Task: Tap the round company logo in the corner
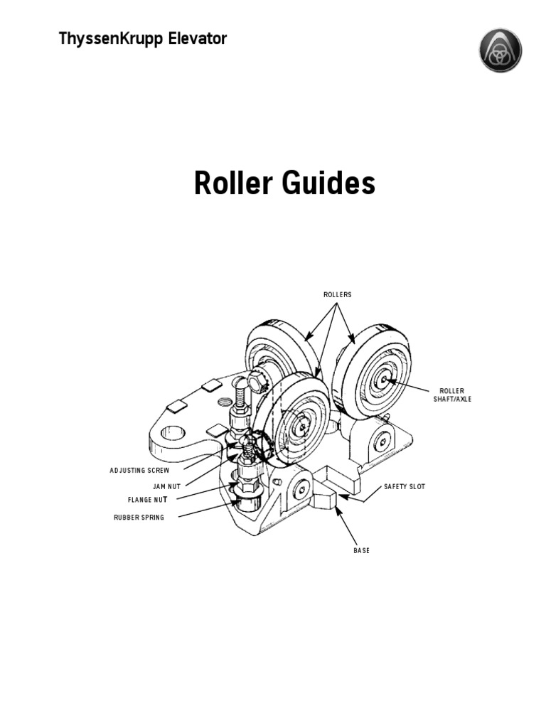coord(500,50)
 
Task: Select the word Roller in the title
coord(233,184)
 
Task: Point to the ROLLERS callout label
coord(338,294)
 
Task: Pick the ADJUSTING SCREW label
coord(139,471)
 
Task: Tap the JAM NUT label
coord(166,487)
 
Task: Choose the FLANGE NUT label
coord(148,500)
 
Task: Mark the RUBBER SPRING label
coord(139,518)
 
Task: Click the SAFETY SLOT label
coord(405,487)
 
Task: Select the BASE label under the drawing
coord(361,551)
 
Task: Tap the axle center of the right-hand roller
coord(383,380)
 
